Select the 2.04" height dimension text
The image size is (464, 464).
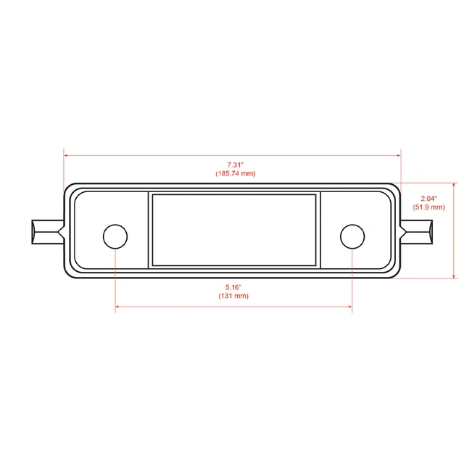coord(428,198)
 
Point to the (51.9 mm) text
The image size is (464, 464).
coord(428,207)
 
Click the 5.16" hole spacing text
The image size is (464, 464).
coord(233,287)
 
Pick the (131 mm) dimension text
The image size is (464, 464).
coord(233,296)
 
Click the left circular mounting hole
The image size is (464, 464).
coord(115,236)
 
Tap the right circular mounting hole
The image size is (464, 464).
coord(352,236)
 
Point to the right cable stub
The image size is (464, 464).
coord(418,231)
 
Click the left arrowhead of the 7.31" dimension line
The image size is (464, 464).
coord(67,154)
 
